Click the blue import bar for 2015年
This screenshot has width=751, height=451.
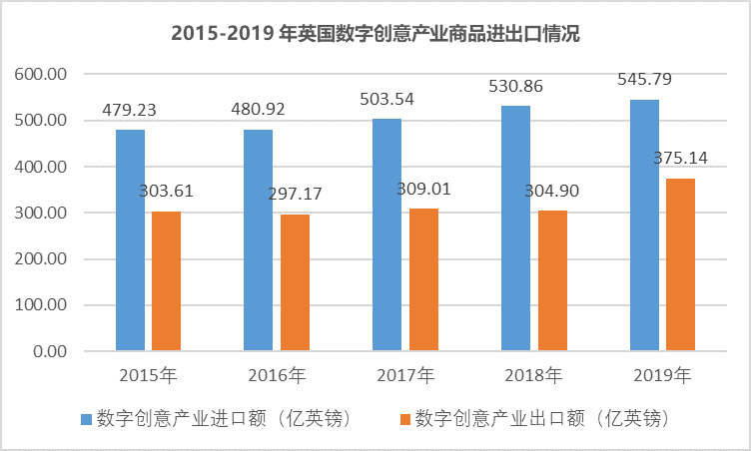[130, 240]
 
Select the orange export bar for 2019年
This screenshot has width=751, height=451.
[680, 264]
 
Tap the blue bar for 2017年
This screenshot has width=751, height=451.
[387, 234]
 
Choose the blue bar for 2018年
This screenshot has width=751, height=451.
[516, 228]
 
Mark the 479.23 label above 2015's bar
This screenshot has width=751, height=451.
[131, 112]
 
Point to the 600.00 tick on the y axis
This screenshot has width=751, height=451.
[41, 74]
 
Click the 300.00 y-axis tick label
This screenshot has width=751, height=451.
[41, 213]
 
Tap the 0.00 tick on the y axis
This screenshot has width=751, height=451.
[49, 351]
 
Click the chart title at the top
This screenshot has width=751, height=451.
[375, 33]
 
